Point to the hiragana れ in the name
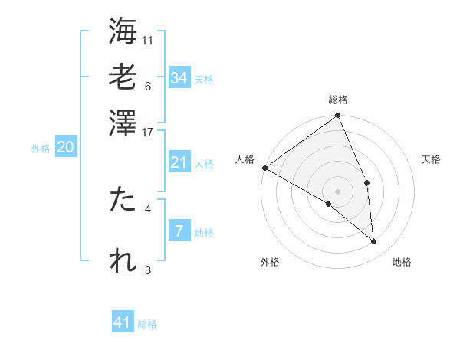pos(123,261)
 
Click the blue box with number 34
pos(179,78)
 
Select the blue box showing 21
pos(179,162)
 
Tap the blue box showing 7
pos(179,231)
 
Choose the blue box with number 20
pos(65,148)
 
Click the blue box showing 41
pos(123,322)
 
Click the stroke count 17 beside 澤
pos(148,132)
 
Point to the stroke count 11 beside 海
pos(148,39)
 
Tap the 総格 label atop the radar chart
pos(338,100)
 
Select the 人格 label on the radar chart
pos(245,159)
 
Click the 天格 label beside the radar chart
pos(431,159)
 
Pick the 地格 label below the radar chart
pos(402,262)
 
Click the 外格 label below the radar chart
pos(270,262)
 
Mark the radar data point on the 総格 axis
pos(338,116)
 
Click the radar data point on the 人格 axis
pos(264,168)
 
